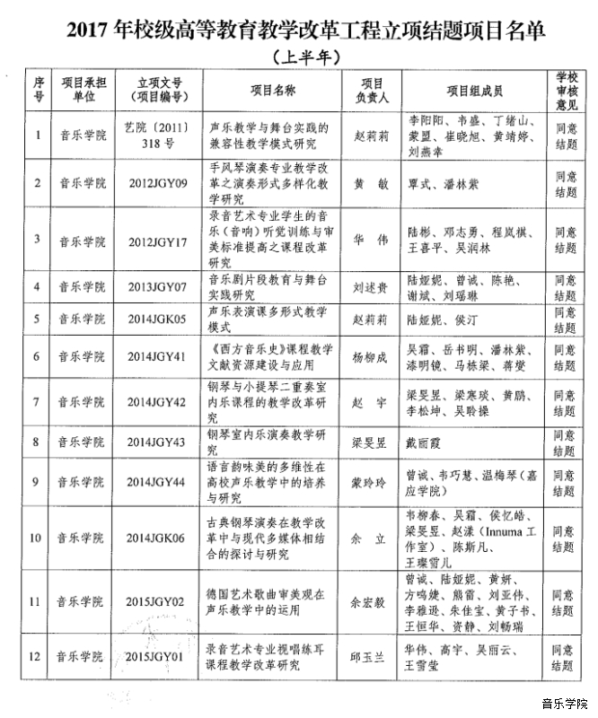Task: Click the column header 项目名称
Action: pyautogui.click(x=273, y=91)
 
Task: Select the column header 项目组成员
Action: pyautogui.click(x=474, y=91)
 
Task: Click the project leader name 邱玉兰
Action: pyautogui.click(x=370, y=656)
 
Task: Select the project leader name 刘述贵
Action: pyautogui.click(x=370, y=287)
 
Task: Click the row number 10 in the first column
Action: pyautogui.click(x=37, y=538)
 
